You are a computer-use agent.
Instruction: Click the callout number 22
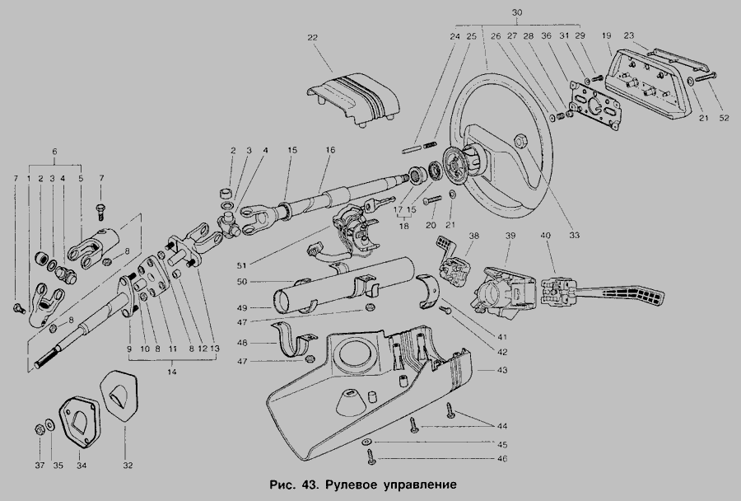(312, 37)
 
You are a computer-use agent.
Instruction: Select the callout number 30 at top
(517, 13)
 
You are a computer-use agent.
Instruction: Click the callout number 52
(724, 119)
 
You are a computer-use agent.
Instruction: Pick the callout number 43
(502, 369)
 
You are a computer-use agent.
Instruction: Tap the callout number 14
(171, 372)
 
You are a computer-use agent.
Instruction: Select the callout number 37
(40, 466)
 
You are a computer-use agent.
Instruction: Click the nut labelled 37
(40, 429)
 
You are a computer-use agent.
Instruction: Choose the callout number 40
(545, 235)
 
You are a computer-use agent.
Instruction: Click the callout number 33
(574, 235)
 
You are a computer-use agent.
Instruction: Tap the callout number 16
(330, 150)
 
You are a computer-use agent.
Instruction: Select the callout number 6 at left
(54, 152)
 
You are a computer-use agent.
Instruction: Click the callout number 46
(502, 458)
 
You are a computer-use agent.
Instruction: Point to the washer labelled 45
(366, 442)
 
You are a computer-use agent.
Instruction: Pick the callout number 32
(128, 466)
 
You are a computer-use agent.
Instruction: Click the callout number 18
(404, 226)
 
